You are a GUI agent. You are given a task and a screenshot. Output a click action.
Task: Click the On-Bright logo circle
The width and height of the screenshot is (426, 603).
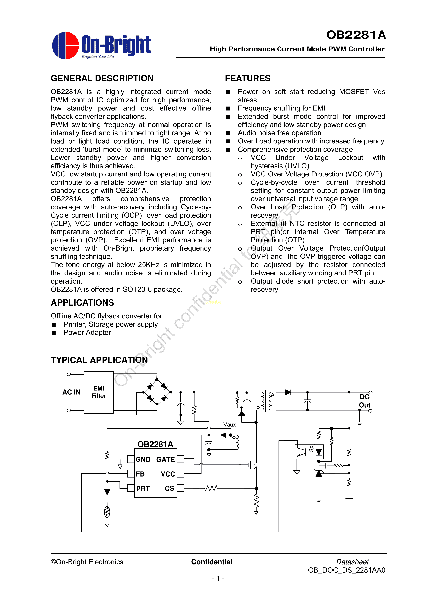pyautogui.click(x=65, y=45)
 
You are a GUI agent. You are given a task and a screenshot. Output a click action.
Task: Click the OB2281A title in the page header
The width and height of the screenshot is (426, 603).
pyautogui.click(x=356, y=35)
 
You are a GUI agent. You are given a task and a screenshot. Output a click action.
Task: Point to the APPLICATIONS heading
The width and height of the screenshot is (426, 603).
pyautogui.click(x=82, y=303)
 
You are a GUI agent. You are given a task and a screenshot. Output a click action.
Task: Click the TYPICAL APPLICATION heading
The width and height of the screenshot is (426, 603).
pyautogui.click(x=99, y=360)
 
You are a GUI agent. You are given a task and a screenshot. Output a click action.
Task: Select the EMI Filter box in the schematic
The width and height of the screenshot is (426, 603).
pyautogui.click(x=99, y=392)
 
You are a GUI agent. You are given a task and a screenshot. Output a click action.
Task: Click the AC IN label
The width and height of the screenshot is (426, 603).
pyautogui.click(x=71, y=392)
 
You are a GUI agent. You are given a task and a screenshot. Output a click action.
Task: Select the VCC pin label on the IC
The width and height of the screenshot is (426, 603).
pyautogui.click(x=168, y=474)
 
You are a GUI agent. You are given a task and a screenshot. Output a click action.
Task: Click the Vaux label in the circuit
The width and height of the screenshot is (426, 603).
pyautogui.click(x=229, y=424)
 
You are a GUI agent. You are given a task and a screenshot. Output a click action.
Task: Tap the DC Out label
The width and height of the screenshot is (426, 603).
pyautogui.click(x=365, y=401)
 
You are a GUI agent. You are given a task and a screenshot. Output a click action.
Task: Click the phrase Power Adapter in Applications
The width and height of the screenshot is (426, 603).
pyautogui.click(x=87, y=333)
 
